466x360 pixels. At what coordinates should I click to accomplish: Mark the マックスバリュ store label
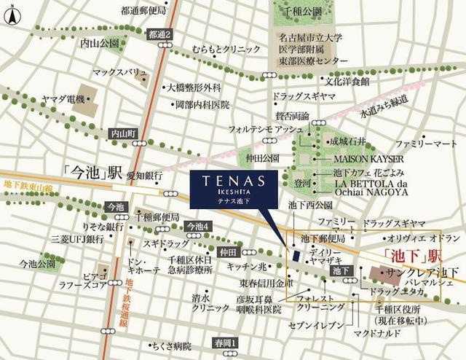pyautogui.click(x=120, y=73)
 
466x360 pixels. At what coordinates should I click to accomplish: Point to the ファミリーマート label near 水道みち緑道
pyautogui.click(x=426, y=144)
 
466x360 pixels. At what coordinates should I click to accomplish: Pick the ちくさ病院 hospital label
pyautogui.click(x=172, y=345)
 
